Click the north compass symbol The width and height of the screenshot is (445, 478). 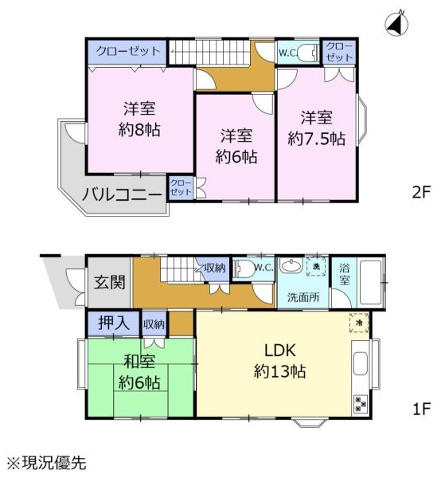396,24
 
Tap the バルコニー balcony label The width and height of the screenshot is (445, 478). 122,194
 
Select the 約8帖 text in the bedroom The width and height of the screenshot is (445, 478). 139,130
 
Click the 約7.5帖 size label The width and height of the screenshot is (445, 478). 316,139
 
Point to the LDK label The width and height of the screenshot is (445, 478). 279,351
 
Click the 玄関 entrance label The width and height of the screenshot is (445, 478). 109,282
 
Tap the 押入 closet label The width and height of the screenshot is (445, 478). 114,323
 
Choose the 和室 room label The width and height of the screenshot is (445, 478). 139,361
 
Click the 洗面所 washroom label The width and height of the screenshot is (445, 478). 303,297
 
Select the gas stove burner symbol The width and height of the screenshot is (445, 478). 361,403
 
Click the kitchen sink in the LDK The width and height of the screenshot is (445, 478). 361,364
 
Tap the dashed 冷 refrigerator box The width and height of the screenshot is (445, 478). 359,323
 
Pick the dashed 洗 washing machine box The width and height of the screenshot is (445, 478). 317,267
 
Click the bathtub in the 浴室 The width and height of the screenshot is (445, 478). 370,282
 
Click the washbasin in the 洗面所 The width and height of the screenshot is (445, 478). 291,266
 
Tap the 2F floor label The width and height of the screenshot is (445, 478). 421,192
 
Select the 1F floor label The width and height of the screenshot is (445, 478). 421,409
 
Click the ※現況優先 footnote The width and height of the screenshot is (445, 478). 47,463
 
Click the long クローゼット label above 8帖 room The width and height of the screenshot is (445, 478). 128,51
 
